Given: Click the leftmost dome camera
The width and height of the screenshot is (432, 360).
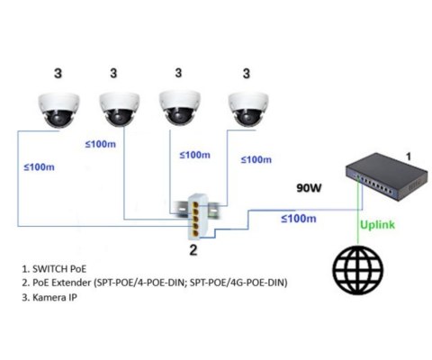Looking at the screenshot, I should [57, 109].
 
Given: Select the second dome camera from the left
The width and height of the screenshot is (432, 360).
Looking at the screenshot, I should [120, 109].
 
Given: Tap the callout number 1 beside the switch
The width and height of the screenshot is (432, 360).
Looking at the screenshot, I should [408, 156].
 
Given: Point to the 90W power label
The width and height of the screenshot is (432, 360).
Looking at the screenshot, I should [311, 189].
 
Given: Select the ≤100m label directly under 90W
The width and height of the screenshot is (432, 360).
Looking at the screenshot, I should [298, 219].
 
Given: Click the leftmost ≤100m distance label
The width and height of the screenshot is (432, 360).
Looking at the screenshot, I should [39, 166].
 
